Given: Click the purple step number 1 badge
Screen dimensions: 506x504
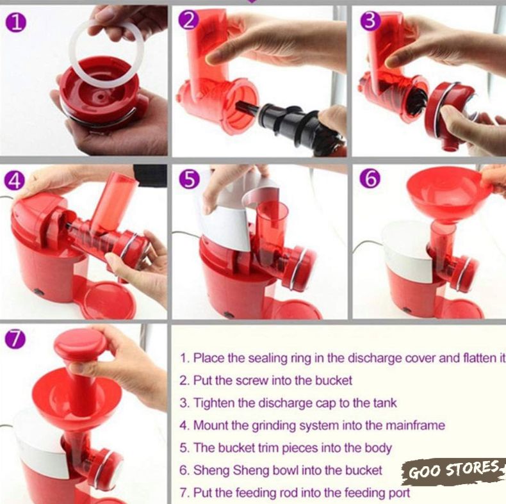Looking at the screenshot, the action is [x=15, y=23].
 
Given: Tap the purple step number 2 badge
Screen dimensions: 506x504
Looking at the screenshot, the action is [x=188, y=20].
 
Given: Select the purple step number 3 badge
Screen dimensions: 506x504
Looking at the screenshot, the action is [x=370, y=20].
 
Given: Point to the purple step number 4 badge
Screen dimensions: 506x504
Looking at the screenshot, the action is [x=14, y=180].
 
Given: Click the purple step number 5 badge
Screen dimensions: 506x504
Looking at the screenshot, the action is [x=189, y=179].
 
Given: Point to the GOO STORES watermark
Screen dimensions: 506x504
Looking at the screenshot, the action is [x=453, y=471].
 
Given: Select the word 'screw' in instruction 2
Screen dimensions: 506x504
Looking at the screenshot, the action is [x=251, y=381].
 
